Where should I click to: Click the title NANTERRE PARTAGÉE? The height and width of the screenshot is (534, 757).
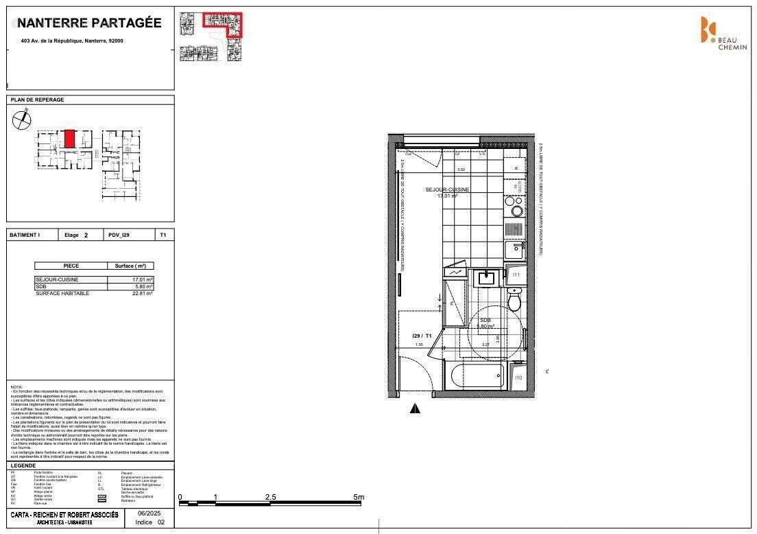pos(89,23)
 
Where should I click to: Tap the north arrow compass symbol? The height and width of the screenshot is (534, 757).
pos(22,119)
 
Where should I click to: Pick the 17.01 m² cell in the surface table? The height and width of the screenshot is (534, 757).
pos(143,280)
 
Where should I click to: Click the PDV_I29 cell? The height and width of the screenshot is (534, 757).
pos(119,235)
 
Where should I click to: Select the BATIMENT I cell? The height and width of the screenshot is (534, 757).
pos(25,235)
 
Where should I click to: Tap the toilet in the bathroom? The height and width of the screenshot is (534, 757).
pos(514,299)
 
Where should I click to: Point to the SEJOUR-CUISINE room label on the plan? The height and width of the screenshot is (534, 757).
pos(447,189)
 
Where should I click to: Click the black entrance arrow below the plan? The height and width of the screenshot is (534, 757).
pos(415,409)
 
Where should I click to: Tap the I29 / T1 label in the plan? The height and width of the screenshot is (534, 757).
pos(421,336)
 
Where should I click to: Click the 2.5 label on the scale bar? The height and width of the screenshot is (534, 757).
pos(270,496)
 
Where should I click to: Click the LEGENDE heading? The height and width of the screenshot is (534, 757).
pos(23,465)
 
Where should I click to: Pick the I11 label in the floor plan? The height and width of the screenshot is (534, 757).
pos(516,275)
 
